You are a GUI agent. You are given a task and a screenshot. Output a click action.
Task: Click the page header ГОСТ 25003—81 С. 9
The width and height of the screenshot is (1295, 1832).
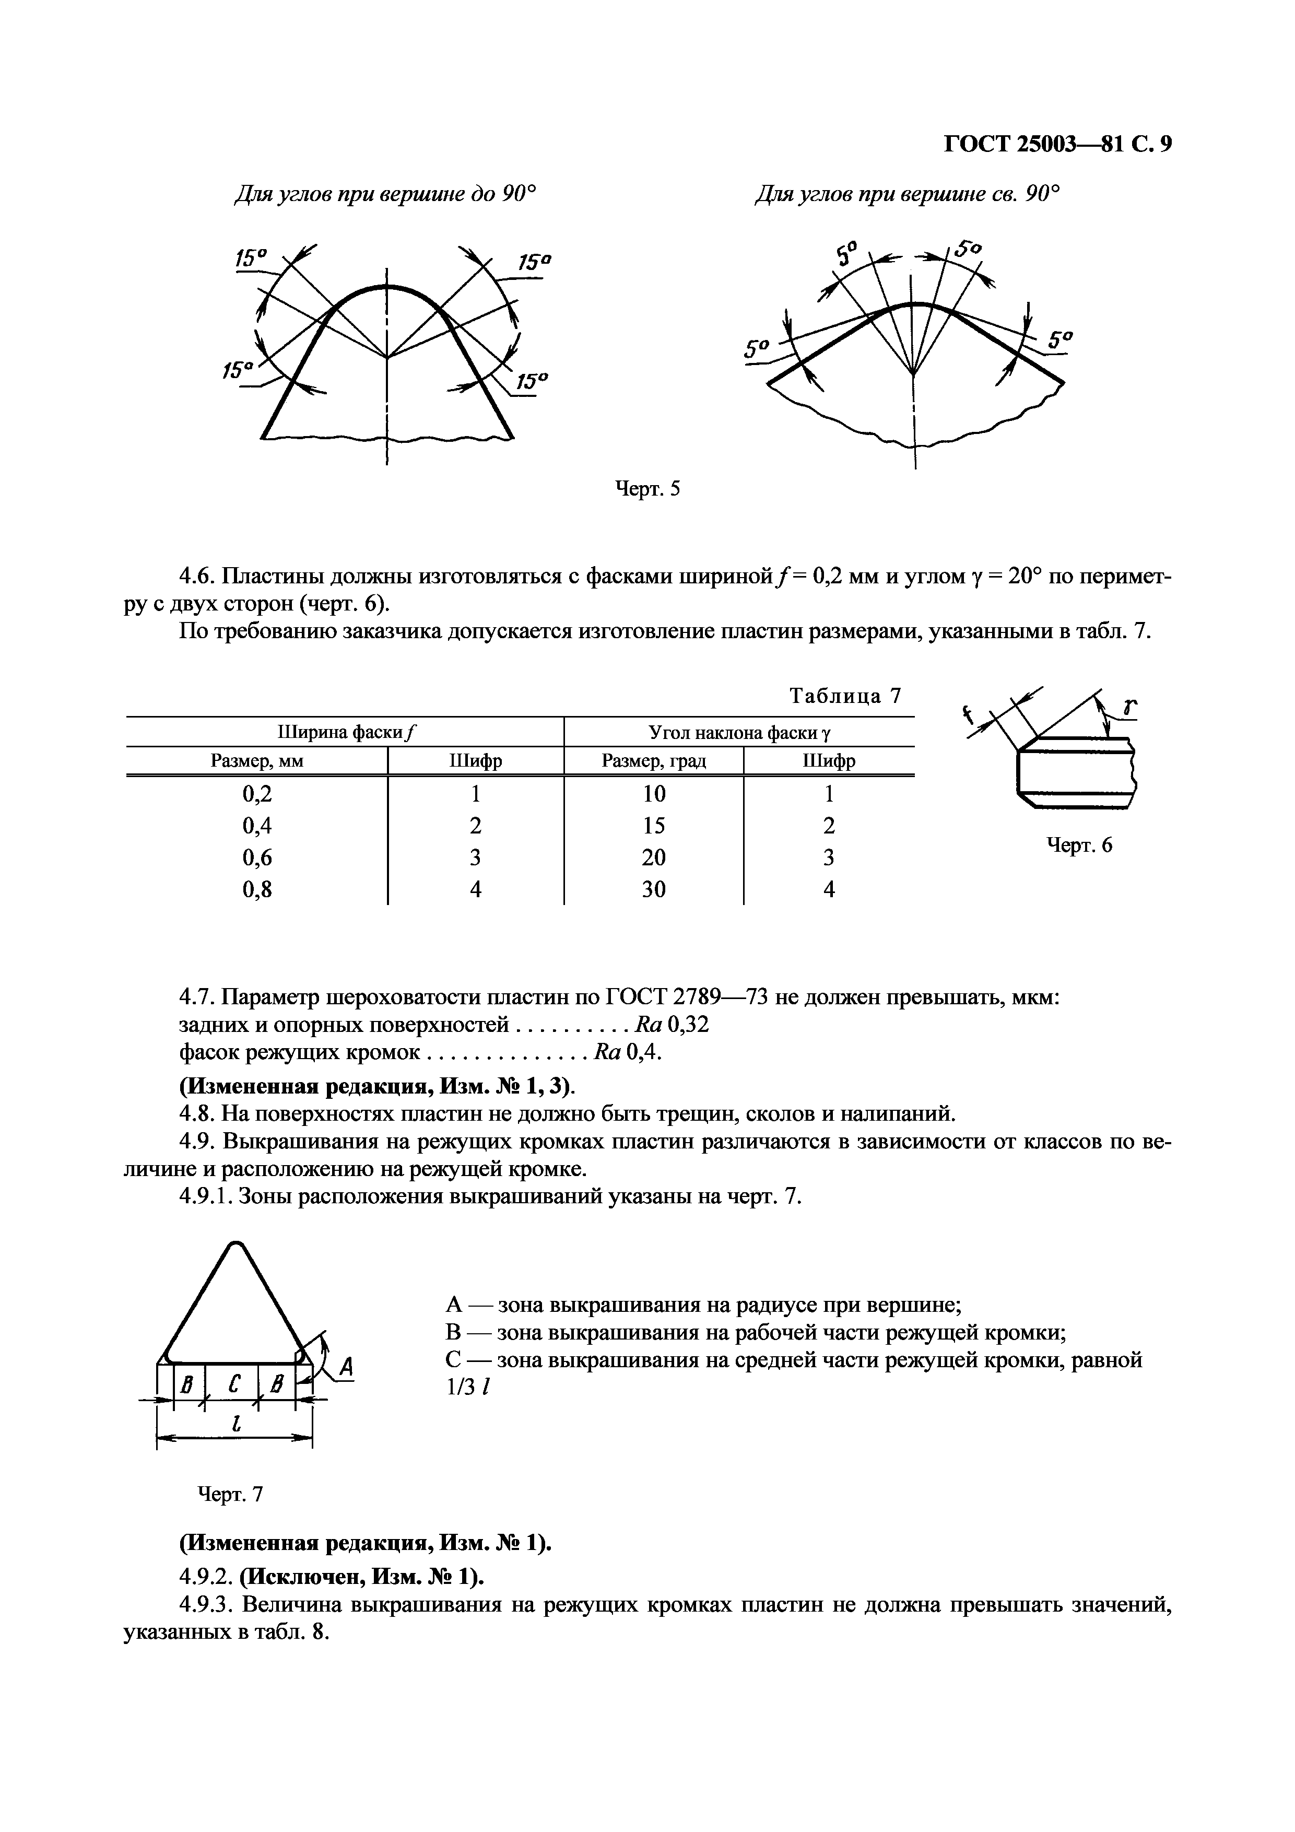pyautogui.click(x=1057, y=144)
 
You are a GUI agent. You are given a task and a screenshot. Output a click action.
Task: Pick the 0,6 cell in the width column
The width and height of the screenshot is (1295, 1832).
pyautogui.click(x=257, y=857)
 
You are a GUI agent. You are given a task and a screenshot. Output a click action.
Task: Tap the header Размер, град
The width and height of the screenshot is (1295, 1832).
pyautogui.click(x=653, y=761)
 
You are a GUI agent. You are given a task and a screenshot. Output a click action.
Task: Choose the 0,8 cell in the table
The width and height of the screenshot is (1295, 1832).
pyautogui.click(x=257, y=889)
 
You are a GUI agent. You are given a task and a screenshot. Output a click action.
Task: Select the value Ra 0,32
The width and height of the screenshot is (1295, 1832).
pyautogui.click(x=671, y=1025)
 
